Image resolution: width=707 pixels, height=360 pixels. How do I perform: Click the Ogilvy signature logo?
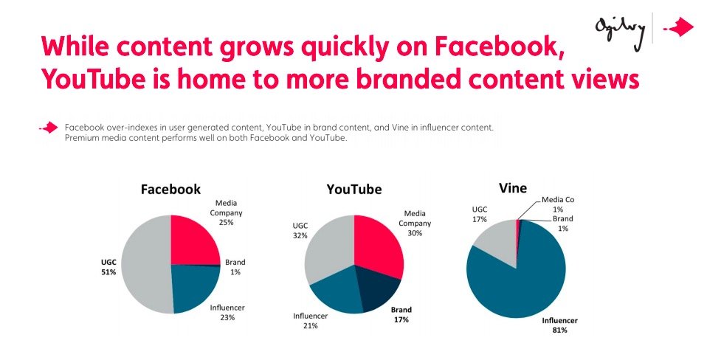(621, 28)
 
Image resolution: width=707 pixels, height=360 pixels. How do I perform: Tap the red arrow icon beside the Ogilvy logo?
(678, 28)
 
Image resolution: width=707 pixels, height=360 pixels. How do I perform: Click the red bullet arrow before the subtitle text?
(49, 128)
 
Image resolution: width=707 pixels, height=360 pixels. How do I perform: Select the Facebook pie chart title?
(170, 189)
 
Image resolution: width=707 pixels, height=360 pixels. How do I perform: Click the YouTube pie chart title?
(354, 190)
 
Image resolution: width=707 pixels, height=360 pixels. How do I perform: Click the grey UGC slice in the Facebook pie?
(143, 266)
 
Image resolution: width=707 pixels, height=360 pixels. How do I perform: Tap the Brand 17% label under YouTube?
(401, 315)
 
